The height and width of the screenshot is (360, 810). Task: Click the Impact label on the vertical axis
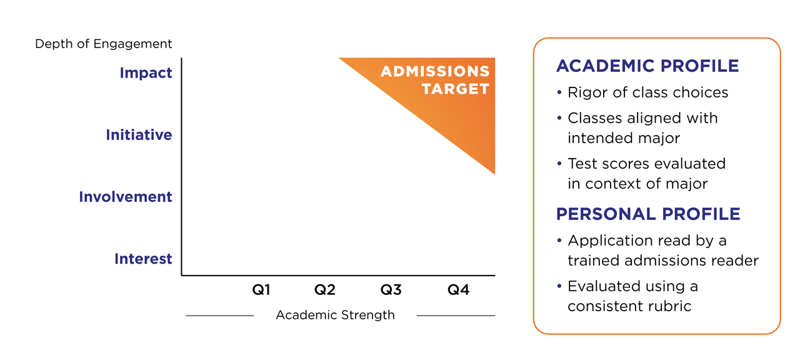(x=146, y=73)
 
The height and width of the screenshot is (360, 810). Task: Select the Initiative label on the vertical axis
(x=139, y=135)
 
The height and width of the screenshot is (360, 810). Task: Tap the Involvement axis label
(x=125, y=197)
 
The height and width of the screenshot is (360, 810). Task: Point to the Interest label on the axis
(x=143, y=259)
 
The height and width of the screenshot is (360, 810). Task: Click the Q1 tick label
(x=261, y=290)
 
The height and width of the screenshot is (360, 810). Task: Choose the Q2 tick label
(x=325, y=290)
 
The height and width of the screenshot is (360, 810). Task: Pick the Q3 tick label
(x=391, y=290)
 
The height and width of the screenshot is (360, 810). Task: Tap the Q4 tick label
(x=458, y=290)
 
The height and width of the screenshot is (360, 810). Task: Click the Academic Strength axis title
(x=335, y=315)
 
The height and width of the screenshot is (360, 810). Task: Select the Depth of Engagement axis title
(x=103, y=44)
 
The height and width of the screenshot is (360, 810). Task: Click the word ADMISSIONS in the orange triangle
(x=435, y=71)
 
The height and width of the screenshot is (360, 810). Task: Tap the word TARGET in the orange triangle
(x=455, y=89)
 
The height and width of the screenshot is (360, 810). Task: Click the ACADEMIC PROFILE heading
(x=647, y=66)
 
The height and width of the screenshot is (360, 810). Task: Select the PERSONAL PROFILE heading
(x=648, y=214)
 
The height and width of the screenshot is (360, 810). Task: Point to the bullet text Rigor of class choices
(x=647, y=93)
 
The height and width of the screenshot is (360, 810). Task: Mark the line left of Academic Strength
(x=219, y=316)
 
